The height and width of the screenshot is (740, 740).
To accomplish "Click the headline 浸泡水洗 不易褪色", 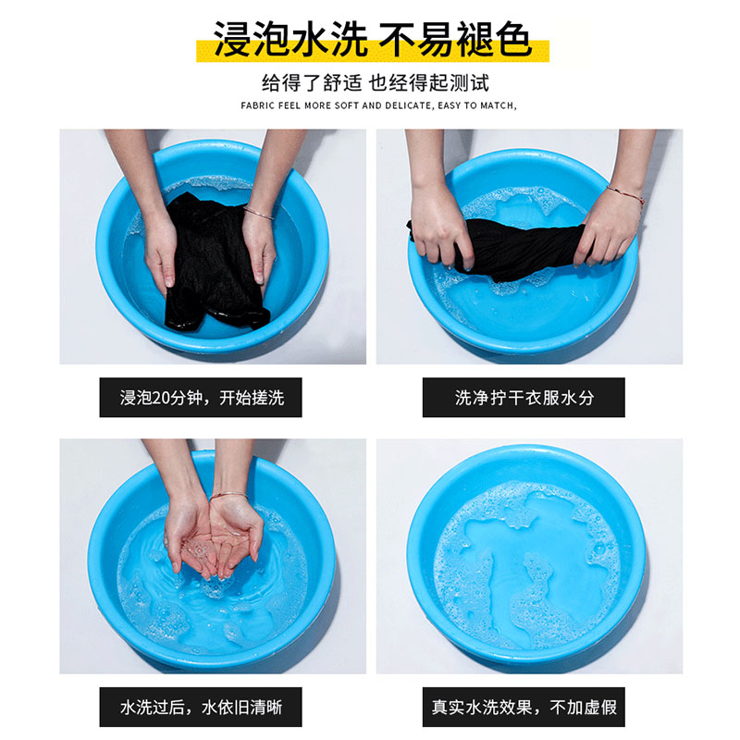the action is [373, 40].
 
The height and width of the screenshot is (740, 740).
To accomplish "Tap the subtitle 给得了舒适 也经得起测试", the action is [376, 83].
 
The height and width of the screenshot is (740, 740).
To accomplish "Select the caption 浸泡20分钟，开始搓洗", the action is [202, 398].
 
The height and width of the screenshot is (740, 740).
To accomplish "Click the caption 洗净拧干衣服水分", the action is [524, 398].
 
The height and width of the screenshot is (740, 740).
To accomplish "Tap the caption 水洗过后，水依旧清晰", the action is [201, 707].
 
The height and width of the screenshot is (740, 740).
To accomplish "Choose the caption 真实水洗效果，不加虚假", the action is [524, 707].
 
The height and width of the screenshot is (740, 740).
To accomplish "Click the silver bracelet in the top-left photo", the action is [259, 213].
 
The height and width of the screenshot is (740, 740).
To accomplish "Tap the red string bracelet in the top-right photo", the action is [626, 195].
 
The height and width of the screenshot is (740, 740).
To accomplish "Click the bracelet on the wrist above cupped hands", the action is [228, 496].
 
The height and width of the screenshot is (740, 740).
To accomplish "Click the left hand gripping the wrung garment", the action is [440, 228].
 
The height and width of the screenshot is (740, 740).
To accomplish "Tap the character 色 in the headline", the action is [513, 40].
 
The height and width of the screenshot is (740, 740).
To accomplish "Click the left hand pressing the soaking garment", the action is [160, 248].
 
